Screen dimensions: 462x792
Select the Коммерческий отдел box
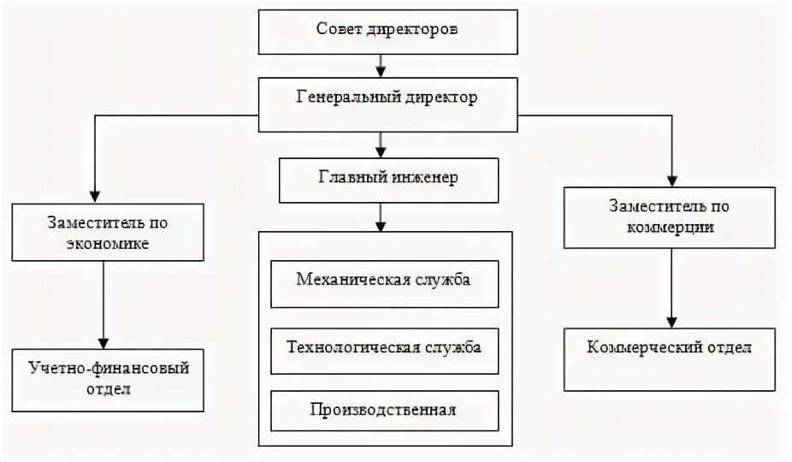point(671,359)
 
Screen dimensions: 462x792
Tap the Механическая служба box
point(384,283)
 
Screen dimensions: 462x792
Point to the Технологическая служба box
point(384,349)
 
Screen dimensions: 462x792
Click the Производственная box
point(384,410)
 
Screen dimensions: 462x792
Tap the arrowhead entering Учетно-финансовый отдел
point(103,341)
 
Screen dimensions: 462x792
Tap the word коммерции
point(671,228)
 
